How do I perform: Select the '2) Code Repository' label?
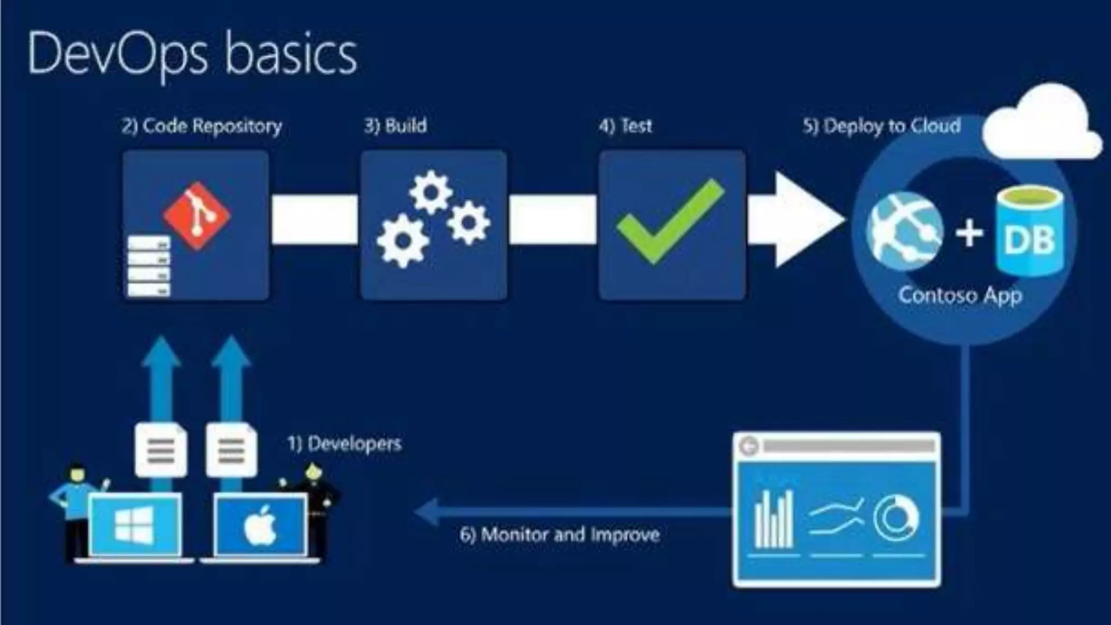tap(202, 126)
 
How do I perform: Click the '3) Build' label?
tap(395, 126)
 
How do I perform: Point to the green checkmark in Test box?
tap(671, 222)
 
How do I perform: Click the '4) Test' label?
tap(625, 126)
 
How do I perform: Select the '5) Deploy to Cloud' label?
tap(882, 126)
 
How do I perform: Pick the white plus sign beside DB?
tap(969, 233)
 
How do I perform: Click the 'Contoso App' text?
tap(960, 296)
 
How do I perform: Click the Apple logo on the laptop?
tap(260, 525)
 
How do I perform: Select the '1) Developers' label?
tap(344, 444)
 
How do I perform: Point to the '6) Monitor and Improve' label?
tap(560, 535)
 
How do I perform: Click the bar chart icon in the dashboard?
tap(774, 520)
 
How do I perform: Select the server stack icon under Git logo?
tap(148, 266)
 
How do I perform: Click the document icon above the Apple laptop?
tap(232, 450)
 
